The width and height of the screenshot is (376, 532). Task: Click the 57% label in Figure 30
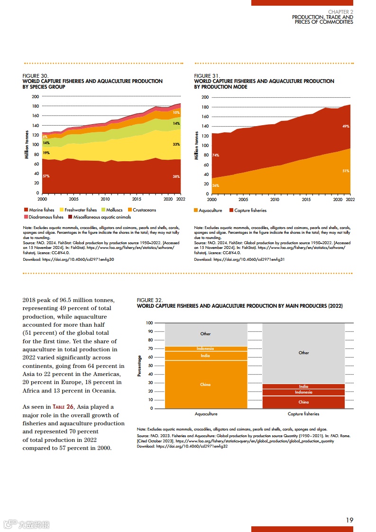click(46, 176)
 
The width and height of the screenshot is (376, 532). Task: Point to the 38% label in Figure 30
click(176, 176)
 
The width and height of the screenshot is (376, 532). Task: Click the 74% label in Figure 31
click(215, 155)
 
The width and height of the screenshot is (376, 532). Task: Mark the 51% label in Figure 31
click(346, 171)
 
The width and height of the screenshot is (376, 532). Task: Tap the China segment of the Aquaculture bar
click(205, 385)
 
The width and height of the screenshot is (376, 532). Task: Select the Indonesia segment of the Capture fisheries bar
click(303, 392)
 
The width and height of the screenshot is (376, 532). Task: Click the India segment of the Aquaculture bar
click(205, 356)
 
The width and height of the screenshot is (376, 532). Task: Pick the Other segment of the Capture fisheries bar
click(303, 353)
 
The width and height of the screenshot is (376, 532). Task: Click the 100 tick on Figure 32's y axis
click(149, 323)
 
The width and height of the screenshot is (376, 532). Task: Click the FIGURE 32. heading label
click(149, 300)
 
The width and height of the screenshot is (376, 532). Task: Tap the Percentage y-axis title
click(139, 366)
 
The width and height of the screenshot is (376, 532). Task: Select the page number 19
click(349, 520)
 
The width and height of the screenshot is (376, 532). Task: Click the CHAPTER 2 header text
click(340, 11)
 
